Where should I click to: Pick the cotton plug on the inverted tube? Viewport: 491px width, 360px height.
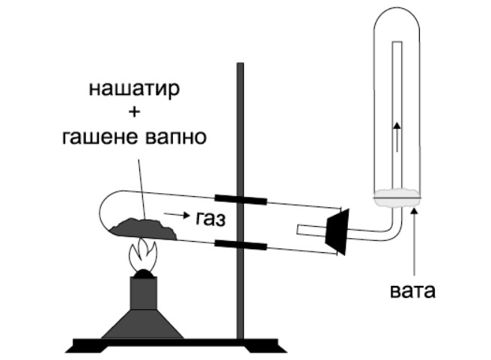397,197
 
